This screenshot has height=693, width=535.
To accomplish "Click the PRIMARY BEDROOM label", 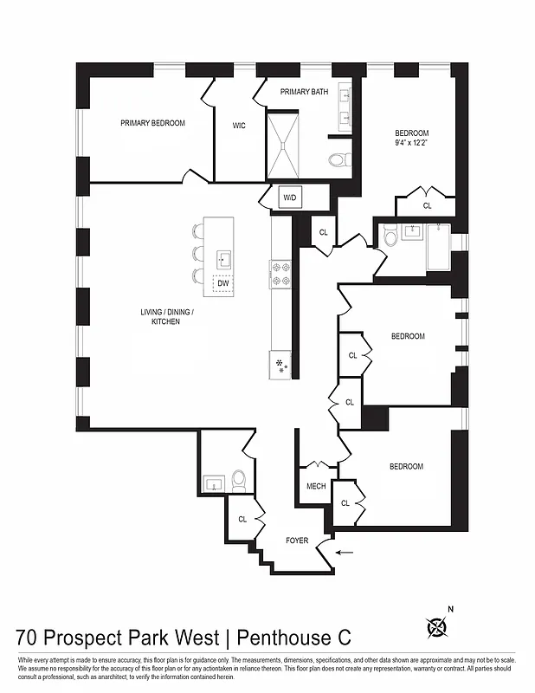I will [x=152, y=123].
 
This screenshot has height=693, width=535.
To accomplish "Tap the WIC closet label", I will [x=239, y=126].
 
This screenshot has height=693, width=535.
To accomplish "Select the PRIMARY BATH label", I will [x=310, y=91].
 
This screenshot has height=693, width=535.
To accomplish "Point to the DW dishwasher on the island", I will [x=222, y=283].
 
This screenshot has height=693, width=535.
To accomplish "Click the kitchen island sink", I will [x=223, y=258].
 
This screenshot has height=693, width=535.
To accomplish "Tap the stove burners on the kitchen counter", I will [x=281, y=274].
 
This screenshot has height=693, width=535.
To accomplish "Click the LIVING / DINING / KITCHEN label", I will [x=173, y=316].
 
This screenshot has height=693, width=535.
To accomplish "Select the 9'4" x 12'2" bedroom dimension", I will [x=411, y=144].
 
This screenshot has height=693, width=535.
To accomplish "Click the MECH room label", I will [x=316, y=486].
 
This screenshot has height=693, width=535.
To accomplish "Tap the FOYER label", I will [x=297, y=541].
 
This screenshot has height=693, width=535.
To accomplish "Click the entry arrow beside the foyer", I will [x=344, y=551].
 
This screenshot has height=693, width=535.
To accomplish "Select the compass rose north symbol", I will [x=440, y=625].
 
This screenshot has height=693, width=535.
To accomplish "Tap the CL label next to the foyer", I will [x=242, y=520].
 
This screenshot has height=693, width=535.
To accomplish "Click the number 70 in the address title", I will [x=27, y=638].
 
